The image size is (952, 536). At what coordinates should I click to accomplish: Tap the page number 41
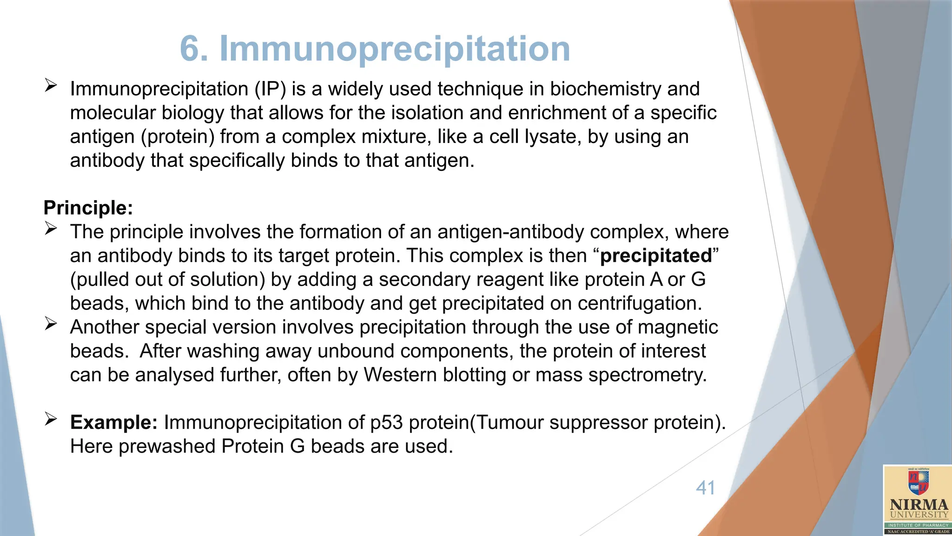705,488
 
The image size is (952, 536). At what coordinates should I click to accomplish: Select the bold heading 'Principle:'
88,208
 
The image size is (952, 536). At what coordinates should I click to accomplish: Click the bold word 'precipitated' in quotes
656,256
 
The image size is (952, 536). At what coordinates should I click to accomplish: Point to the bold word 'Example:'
114,422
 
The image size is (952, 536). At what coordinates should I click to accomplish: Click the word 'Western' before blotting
400,375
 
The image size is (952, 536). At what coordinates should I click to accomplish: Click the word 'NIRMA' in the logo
919,505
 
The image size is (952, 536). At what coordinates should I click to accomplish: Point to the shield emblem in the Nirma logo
919,483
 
